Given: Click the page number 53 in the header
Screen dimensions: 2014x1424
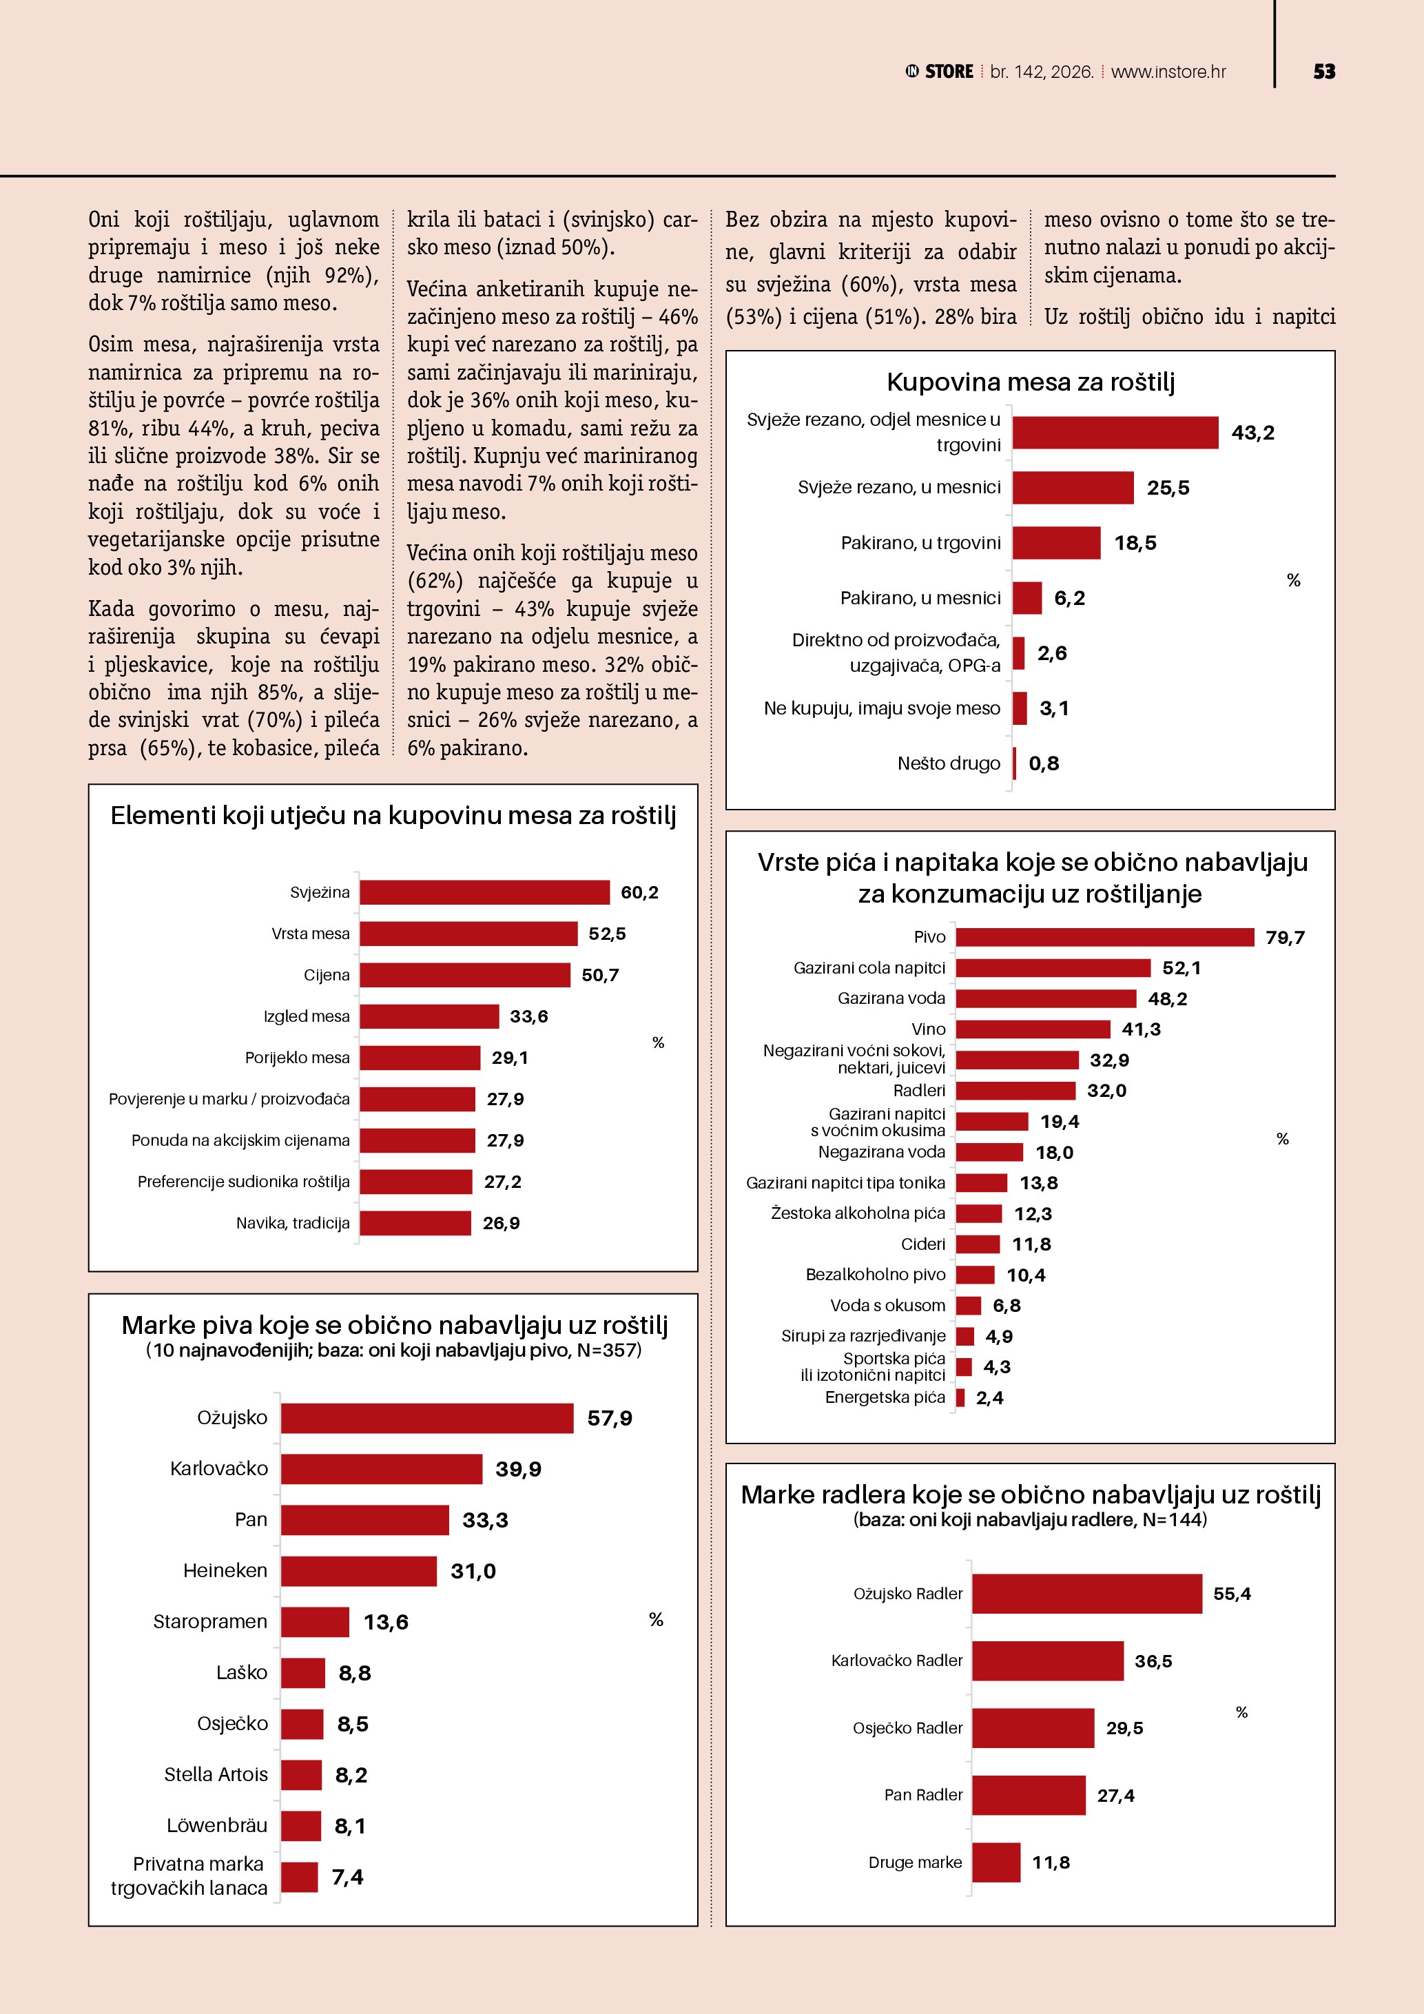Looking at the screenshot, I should click(1323, 72).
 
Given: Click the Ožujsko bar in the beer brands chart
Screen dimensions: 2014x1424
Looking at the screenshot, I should click(427, 1419).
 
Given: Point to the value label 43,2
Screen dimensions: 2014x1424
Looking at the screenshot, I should click(1252, 433).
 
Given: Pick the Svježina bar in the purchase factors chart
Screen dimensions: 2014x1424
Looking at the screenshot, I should click(484, 892).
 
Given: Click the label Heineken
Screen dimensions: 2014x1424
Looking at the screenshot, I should click(225, 1571).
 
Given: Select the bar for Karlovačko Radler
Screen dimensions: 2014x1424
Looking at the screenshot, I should click(1047, 1661).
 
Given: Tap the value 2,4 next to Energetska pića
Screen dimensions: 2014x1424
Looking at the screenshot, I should click(989, 1398).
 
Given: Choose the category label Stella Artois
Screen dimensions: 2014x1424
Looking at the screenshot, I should click(216, 1774).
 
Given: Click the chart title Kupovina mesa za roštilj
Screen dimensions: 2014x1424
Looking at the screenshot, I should click(1031, 382).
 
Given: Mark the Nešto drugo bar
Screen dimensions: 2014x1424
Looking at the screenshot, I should click(1015, 763).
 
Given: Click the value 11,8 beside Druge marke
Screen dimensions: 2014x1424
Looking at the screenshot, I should click(1051, 1862).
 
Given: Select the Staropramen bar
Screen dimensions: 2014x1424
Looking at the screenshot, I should click(315, 1622).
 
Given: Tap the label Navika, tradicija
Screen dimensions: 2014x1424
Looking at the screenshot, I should click(293, 1224).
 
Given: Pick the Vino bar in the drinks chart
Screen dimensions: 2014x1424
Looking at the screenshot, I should click(1032, 1029).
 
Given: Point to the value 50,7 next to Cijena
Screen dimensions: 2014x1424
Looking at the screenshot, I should click(600, 976).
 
